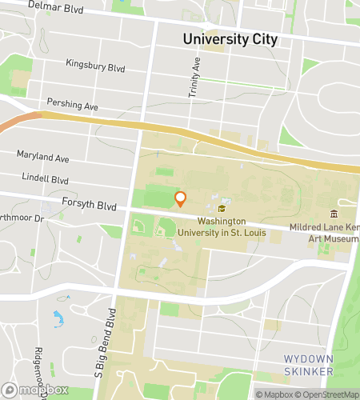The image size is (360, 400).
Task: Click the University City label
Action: [230, 38]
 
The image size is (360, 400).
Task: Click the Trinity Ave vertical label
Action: [193, 78]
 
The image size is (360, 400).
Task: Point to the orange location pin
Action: [180, 199]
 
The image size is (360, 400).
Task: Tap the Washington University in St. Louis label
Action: [236, 226]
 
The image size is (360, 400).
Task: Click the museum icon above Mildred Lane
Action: [334, 214]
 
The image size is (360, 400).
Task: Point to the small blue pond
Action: [58, 321]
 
